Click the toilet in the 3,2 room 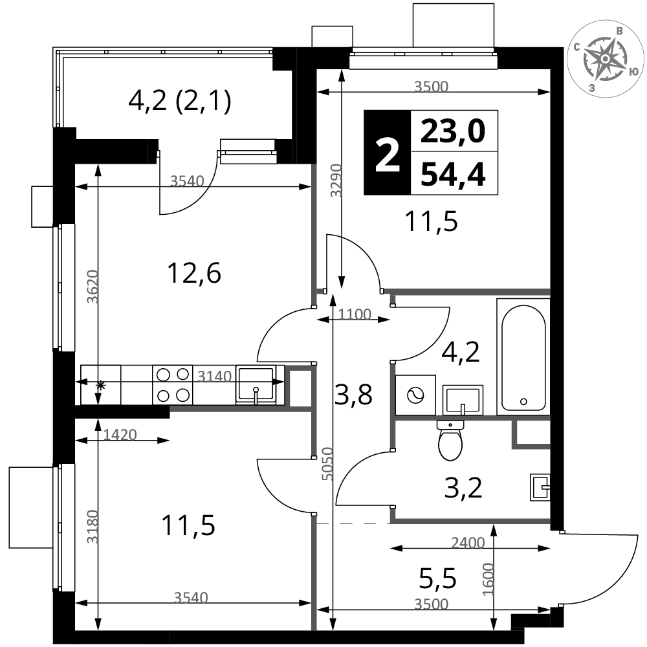[x=450, y=440]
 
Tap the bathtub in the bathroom [x=523, y=357]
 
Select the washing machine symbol [x=415, y=395]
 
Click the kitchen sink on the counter [x=256, y=384]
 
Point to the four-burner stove [x=173, y=385]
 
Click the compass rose [x=605, y=59]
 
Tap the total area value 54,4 [x=453, y=173]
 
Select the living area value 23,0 [x=453, y=131]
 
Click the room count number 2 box [x=388, y=152]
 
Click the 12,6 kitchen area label [x=194, y=273]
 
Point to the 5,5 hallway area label [x=438, y=578]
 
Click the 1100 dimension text [x=355, y=314]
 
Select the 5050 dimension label [x=327, y=464]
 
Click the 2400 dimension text [x=468, y=543]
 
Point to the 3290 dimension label [x=336, y=181]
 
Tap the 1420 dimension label [x=120, y=435]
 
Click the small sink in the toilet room [x=540, y=487]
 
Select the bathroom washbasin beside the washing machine [x=463, y=400]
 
